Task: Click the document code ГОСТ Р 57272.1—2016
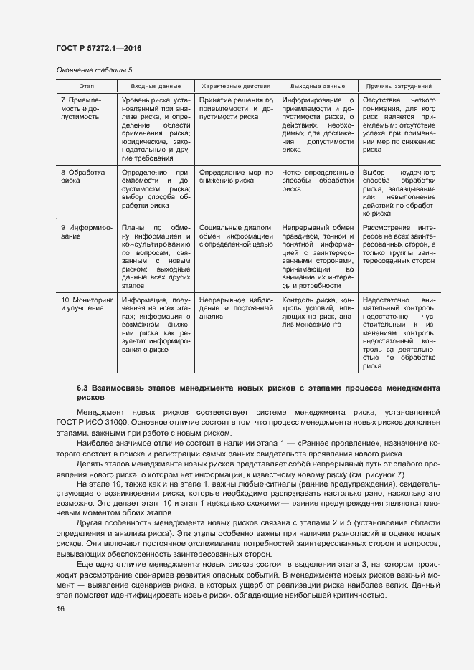[98, 47]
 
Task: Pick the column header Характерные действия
[236, 86]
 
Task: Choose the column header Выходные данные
[318, 86]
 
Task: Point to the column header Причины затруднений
[399, 86]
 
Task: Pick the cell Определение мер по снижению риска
[236, 177]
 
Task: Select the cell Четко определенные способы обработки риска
[318, 181]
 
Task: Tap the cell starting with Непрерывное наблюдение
[236, 307]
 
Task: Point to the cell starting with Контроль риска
[318, 312]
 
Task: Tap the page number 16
[61, 608]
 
